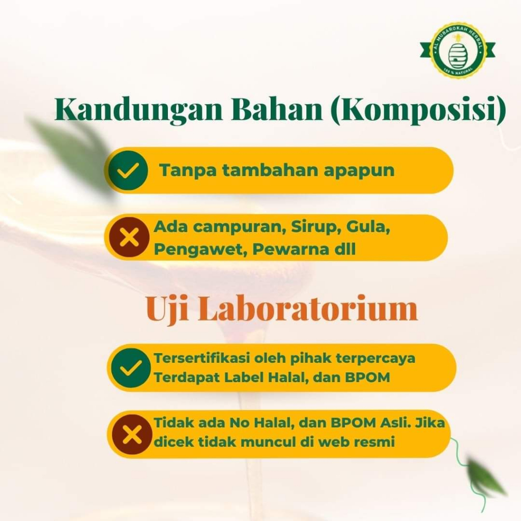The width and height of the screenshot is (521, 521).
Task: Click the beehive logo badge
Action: pos(457,50)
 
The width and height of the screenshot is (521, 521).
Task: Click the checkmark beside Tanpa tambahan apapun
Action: pos(128,170)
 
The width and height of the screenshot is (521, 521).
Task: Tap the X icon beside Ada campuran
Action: pos(130,237)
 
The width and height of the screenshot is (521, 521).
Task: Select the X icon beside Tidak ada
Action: pos(132,435)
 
